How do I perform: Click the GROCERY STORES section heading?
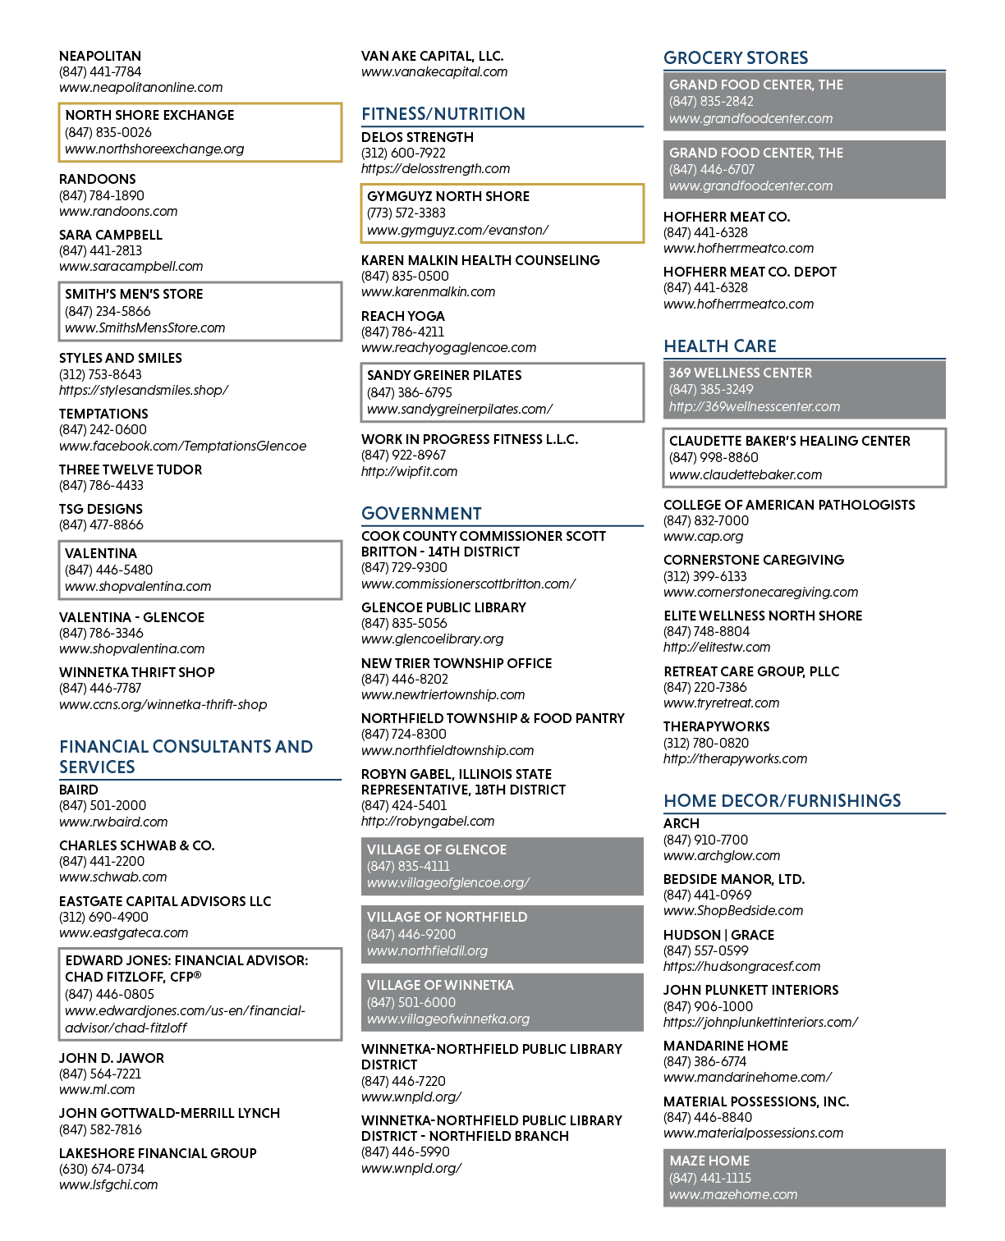click(x=735, y=57)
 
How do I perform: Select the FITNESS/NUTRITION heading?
click(x=443, y=113)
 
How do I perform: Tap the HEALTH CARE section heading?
click(x=719, y=346)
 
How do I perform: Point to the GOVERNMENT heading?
click(x=421, y=513)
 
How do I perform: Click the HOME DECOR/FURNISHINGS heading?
click(x=782, y=800)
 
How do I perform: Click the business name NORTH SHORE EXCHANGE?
click(x=149, y=115)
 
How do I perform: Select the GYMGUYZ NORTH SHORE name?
click(x=447, y=196)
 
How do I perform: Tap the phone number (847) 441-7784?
click(x=99, y=71)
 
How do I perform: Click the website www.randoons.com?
click(x=118, y=211)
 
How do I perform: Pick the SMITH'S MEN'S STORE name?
click(x=134, y=294)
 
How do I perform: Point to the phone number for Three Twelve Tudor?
click(x=101, y=485)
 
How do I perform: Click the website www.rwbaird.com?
click(x=113, y=822)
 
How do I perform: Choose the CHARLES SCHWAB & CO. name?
click(x=136, y=845)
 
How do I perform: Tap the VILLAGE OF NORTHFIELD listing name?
click(x=447, y=917)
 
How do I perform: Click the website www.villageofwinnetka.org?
click(x=448, y=1019)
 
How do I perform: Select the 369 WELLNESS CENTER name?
click(x=741, y=373)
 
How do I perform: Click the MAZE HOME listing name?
click(x=709, y=1161)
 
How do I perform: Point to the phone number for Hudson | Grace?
click(x=705, y=950)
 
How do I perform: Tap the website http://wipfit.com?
click(x=409, y=471)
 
